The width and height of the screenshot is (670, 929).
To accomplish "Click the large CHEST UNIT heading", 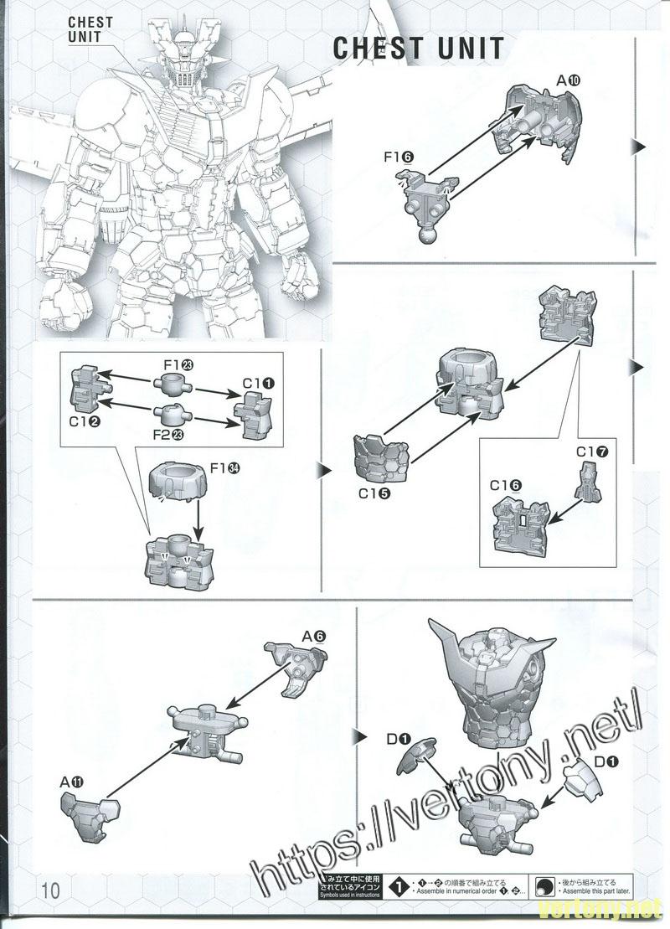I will tap(418, 49).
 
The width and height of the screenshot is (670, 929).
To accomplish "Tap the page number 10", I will tap(49, 889).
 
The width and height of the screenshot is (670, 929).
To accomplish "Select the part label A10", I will tap(568, 81).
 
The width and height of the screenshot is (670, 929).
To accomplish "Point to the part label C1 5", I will tap(374, 493).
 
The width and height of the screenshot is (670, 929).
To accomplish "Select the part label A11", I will tap(72, 782).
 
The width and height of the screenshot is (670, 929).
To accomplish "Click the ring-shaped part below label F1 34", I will tap(178, 483).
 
